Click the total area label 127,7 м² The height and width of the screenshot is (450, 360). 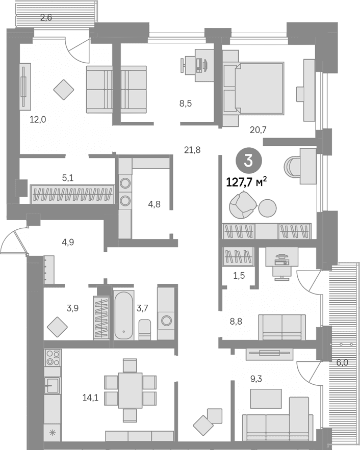point(247,182)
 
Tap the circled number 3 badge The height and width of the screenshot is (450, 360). point(249,161)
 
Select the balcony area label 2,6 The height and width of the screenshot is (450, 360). point(46,17)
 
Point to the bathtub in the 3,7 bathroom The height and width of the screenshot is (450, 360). point(124,315)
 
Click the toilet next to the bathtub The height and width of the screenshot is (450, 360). point(145,329)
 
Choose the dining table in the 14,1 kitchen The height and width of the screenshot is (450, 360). point(131,390)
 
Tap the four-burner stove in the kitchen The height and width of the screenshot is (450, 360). point(53,358)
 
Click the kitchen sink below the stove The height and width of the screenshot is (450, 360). point(53,385)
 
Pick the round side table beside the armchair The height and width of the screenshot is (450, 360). point(267,208)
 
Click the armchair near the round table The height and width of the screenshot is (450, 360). point(243,205)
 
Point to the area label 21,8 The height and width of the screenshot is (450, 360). point(192,150)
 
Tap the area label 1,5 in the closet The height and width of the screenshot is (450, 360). point(239,276)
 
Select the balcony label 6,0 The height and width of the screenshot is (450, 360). point(342,362)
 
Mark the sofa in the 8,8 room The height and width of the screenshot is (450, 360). point(282,327)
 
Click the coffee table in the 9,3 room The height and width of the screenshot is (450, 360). point(266,399)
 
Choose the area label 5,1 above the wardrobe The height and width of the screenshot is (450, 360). point(68,178)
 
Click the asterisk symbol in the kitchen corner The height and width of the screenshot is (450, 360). point(53,433)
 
